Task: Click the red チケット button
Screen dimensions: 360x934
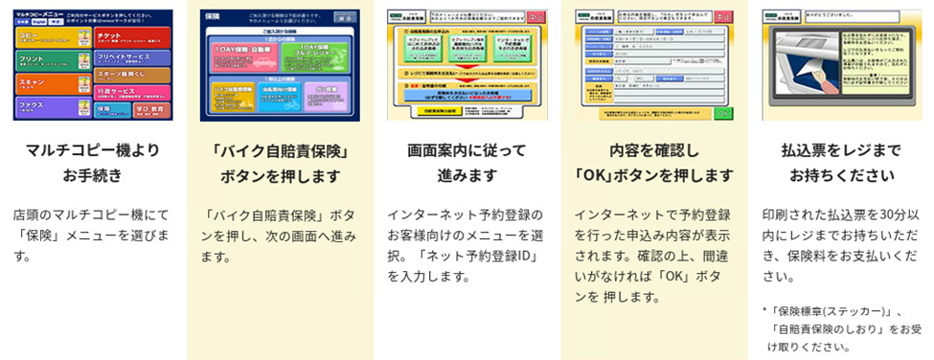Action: point(132,36)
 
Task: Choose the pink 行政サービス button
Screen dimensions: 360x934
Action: point(132,93)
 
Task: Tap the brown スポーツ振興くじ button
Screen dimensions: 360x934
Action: point(132,75)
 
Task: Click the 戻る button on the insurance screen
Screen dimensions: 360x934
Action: point(345,18)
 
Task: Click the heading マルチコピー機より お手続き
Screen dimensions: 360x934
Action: point(92,163)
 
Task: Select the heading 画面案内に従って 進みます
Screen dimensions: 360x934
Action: point(467,163)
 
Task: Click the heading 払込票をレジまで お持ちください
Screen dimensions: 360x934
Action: point(840,163)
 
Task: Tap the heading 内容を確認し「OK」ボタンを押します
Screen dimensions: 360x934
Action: point(653,163)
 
